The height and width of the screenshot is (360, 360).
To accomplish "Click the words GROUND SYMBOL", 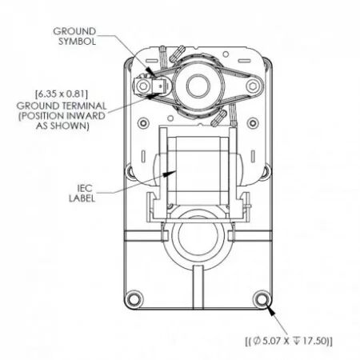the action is tap(74, 36).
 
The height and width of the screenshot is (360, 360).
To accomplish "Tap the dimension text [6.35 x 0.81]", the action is tap(62, 94).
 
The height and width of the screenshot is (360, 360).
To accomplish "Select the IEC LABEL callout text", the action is tap(82, 194).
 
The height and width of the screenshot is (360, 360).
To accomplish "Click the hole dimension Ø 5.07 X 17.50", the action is tap(289, 341).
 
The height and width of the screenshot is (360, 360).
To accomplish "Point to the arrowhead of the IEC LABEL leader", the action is tap(170, 174).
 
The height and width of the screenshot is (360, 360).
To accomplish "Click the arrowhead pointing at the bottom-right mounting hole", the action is tap(270, 311).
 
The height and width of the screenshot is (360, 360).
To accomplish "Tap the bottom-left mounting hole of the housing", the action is tap(134, 298).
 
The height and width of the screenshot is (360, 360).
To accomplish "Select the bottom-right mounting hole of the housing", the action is tap(261, 298).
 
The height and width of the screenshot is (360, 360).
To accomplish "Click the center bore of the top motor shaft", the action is tap(198, 86).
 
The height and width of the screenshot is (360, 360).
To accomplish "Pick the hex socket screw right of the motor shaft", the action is tap(253, 86).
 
